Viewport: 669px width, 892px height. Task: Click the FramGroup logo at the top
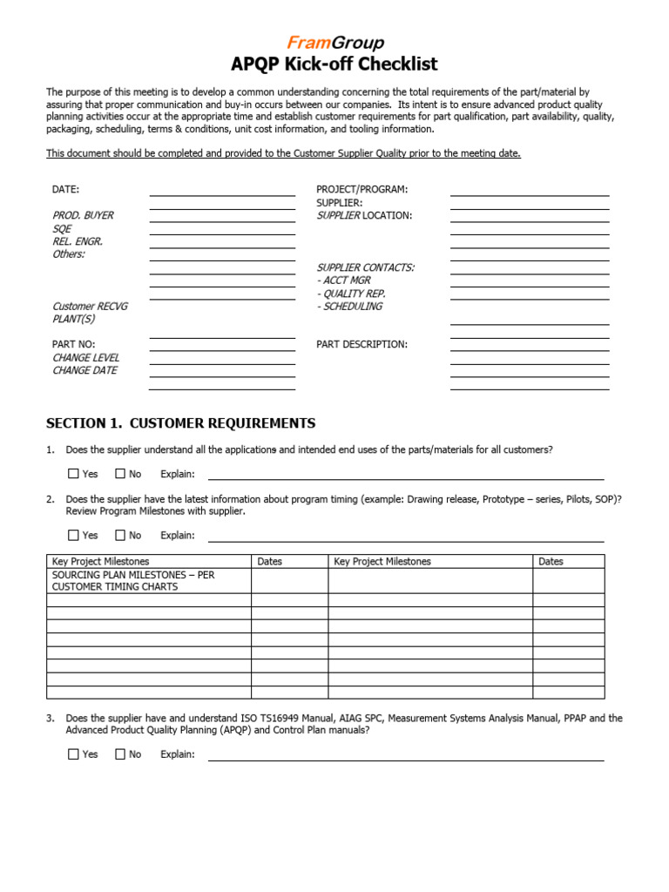334,44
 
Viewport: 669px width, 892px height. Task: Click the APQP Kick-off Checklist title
334,64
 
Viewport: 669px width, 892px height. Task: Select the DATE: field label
66,189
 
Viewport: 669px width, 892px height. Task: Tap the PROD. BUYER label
83,215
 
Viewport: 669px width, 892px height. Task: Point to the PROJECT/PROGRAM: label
362,189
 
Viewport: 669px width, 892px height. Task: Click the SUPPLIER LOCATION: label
364,215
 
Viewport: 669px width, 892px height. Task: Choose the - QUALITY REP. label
351,294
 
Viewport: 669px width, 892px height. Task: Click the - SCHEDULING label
349,307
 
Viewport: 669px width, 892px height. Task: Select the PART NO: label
74,344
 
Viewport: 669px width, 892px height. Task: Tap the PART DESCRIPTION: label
362,344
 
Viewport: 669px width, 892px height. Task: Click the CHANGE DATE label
84,370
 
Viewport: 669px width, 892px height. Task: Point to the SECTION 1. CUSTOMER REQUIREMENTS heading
180,423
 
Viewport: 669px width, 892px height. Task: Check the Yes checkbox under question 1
73,474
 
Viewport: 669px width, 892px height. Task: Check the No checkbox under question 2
120,535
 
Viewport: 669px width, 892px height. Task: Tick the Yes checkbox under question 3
73,754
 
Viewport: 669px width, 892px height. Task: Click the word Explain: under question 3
178,754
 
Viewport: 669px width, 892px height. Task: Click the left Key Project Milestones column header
100,562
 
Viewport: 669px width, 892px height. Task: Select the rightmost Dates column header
551,562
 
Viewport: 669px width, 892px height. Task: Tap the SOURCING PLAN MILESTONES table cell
132,581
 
